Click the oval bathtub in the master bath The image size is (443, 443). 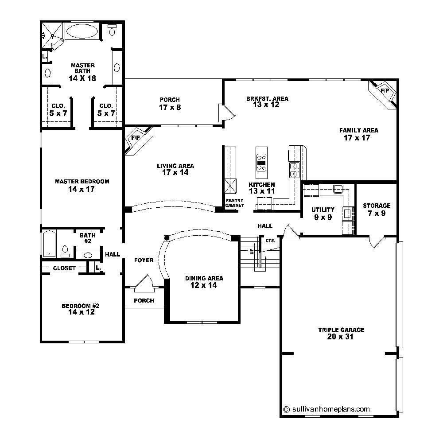tap(82, 32)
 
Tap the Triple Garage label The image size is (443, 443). tap(341, 333)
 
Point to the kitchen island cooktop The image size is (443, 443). tap(261, 162)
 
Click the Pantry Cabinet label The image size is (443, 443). tap(235, 203)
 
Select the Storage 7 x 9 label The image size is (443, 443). tap(377, 209)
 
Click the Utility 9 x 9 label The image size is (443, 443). tap(323, 213)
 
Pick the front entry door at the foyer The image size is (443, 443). tap(144, 284)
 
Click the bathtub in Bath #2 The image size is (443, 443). tap(49, 243)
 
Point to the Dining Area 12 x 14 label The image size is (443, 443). tap(204, 282)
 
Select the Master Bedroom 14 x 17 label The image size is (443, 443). tap(82, 185)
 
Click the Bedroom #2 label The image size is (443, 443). tap(80, 309)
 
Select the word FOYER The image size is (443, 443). tap(144, 260)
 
